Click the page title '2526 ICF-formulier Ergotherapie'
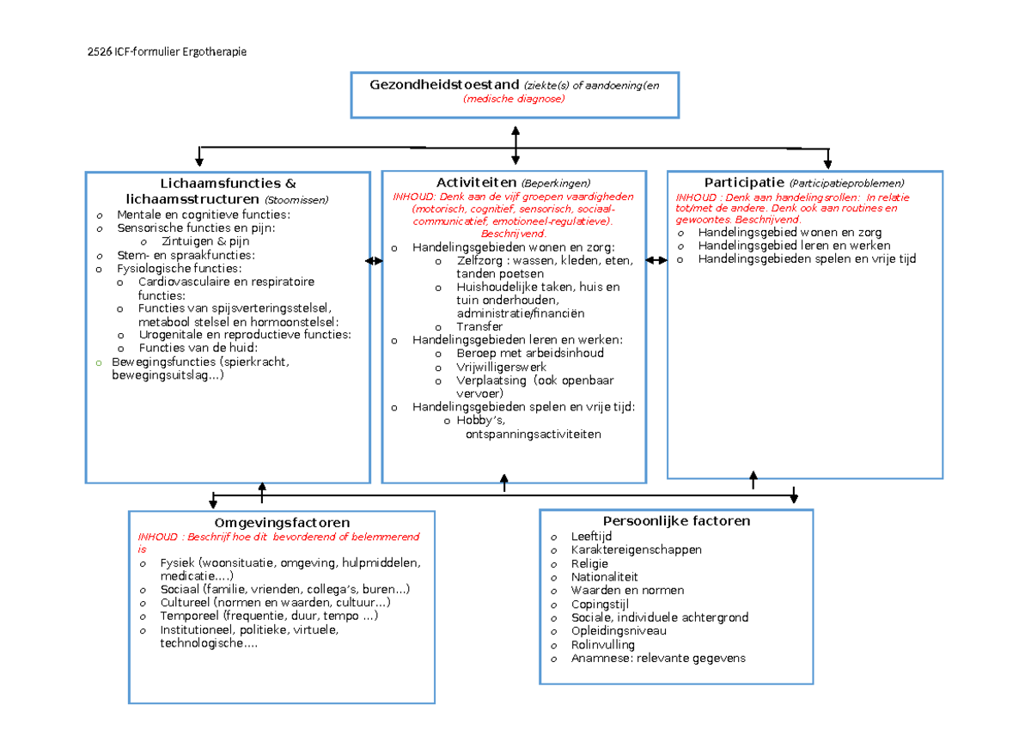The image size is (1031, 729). (167, 52)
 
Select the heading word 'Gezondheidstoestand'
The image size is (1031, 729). (444, 85)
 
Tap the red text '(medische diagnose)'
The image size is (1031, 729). (514, 99)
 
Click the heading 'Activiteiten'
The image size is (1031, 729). (476, 183)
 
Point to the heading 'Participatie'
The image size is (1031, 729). (744, 183)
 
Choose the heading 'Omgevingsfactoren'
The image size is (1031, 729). (282, 523)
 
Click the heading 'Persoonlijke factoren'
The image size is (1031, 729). (677, 521)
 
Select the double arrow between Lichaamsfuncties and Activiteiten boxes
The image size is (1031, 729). (374, 261)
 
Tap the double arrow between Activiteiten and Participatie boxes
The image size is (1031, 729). (656, 260)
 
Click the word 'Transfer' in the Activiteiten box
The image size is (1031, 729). (479, 326)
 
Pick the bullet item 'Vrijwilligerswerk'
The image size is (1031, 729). (501, 367)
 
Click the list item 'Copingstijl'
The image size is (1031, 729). (600, 604)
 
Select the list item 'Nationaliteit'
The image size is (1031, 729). (604, 577)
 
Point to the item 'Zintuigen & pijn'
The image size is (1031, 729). (205, 241)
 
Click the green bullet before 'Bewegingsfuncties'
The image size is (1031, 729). (99, 363)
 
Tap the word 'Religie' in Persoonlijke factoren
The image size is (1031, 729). (589, 563)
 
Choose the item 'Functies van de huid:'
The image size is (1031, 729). (198, 348)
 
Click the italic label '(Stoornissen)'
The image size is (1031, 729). (296, 200)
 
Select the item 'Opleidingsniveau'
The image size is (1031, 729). (619, 630)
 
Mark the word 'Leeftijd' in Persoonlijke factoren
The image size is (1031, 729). (591, 537)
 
